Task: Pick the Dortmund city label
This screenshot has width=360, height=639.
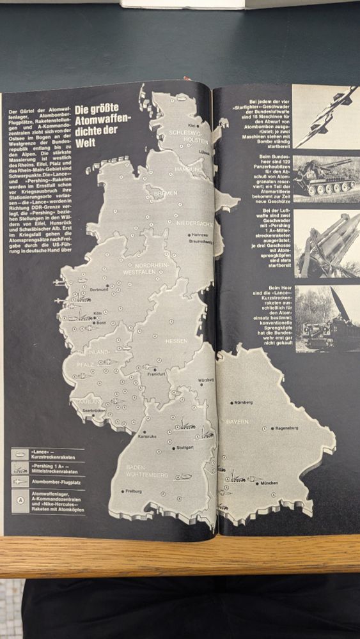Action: tap(100, 289)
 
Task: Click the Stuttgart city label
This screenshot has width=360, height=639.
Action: tap(184, 448)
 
